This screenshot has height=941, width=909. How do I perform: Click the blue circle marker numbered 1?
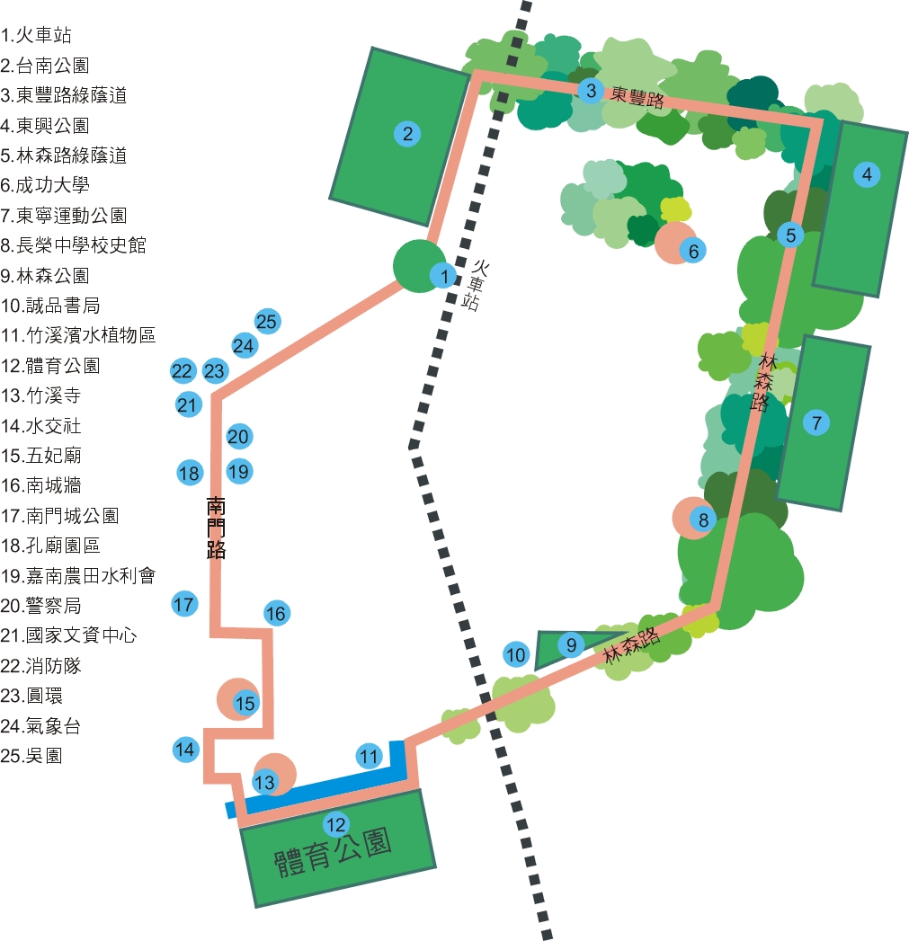click(x=443, y=275)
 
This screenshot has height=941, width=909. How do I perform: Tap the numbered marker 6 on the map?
click(x=693, y=251)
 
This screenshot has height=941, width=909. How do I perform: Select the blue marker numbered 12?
click(x=335, y=823)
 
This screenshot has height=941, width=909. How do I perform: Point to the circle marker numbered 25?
click(x=267, y=321)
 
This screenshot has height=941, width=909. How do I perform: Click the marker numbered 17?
click(x=184, y=604)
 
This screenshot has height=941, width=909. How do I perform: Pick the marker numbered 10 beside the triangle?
click(x=515, y=655)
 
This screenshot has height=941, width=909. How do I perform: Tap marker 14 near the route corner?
click(x=185, y=749)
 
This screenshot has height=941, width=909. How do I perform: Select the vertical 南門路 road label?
click(x=216, y=526)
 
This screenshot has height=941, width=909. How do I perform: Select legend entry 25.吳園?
click(x=32, y=756)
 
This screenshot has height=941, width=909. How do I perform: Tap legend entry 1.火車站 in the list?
click(x=37, y=36)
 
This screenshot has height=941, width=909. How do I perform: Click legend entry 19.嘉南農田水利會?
click(x=79, y=576)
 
